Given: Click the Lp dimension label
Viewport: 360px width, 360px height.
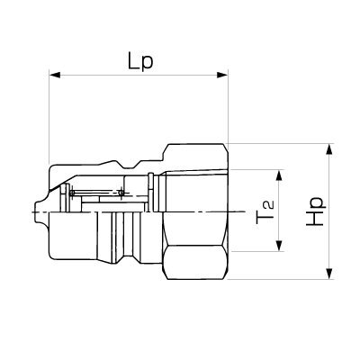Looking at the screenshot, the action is pos(140,62).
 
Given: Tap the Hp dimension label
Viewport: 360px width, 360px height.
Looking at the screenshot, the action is pos(315,211).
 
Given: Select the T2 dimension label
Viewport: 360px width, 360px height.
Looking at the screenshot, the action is pos(265,212).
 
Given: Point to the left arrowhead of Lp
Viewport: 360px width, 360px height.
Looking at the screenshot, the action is pos(55,75).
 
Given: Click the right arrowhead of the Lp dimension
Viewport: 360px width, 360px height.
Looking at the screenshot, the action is pos(222,75).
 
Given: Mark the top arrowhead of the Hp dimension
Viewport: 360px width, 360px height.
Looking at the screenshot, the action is pos(329,149).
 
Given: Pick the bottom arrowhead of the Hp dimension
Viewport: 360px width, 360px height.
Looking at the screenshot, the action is pos(329,274).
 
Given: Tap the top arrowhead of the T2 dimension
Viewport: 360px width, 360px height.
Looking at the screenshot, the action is pos(280,175).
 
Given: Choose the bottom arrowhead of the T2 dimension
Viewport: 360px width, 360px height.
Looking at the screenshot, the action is pos(280,246).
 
